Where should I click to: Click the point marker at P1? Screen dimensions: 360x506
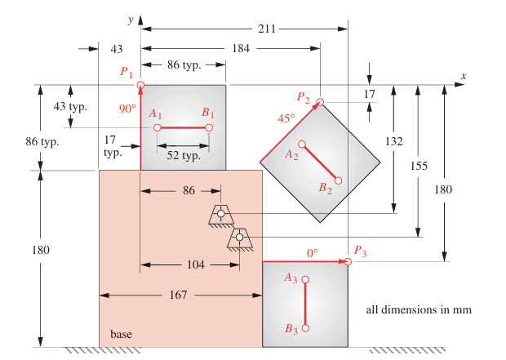[x=140, y=85]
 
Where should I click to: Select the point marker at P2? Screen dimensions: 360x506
[x=321, y=102]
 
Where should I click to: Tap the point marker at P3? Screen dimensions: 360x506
[x=348, y=261]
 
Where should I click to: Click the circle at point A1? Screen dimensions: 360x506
[x=157, y=128]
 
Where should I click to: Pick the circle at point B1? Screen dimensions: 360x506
[x=209, y=128]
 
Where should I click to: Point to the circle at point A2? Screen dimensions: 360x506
[x=302, y=145]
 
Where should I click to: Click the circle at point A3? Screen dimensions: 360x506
[x=306, y=279]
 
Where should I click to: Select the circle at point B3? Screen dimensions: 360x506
[x=306, y=328]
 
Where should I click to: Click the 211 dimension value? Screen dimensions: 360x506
[x=267, y=29]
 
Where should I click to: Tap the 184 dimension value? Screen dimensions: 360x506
[x=241, y=49]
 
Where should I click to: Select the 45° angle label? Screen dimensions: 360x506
[x=286, y=118]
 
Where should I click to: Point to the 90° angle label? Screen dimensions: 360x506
[x=126, y=108]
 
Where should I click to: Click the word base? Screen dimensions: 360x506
[x=121, y=334]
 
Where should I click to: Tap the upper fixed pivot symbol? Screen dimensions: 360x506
[x=220, y=215]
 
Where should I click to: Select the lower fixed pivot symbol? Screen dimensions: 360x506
[x=239, y=238]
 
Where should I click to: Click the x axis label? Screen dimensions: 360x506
[x=463, y=76]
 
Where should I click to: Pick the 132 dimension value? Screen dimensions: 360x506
[x=394, y=141]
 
